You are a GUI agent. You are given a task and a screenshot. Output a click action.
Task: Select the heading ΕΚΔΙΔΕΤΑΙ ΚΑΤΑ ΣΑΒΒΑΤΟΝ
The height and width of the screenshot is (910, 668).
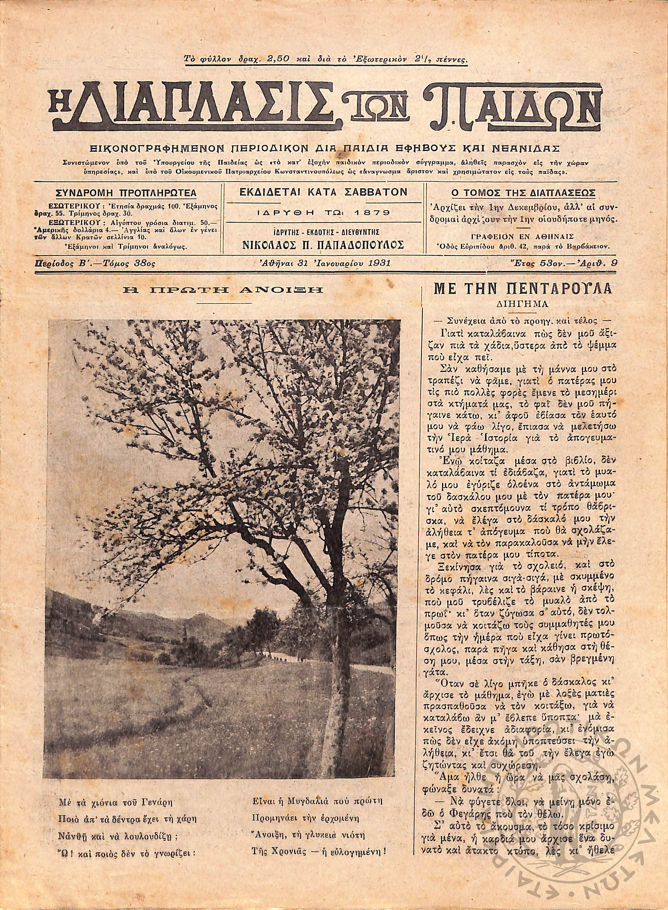coord(323,192)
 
